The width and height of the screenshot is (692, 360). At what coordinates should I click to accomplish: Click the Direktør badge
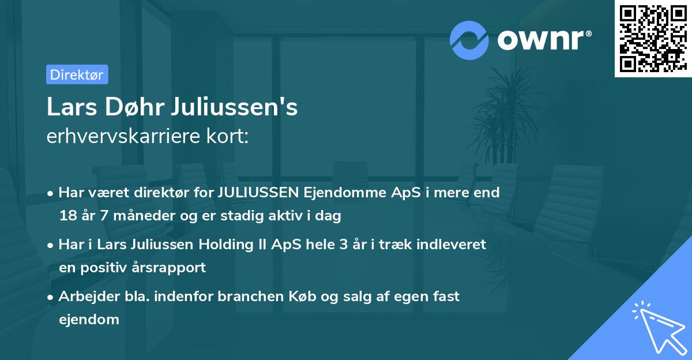pos(77,74)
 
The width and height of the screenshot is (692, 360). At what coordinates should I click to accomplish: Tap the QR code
pos(653,39)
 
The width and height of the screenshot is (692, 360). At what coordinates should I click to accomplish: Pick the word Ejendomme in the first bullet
pos(336,192)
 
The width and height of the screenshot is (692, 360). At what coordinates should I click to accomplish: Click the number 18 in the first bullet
pos(67,216)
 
